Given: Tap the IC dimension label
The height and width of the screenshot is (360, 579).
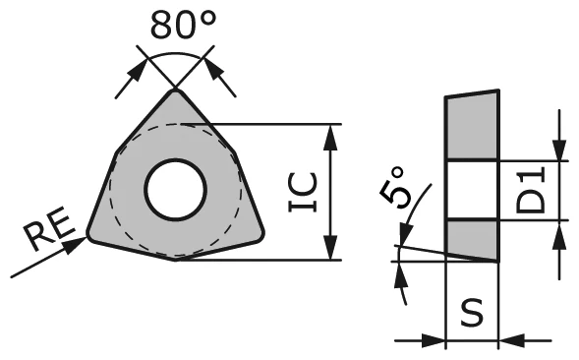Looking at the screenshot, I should tap(304, 193).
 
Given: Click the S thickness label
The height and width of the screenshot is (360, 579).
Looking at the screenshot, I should tap(473, 314).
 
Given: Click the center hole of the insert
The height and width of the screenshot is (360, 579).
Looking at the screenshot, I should tap(175, 189).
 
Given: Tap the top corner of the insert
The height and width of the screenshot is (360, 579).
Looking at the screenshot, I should tap(176, 92).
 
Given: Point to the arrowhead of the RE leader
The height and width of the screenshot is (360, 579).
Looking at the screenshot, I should tap(79, 242).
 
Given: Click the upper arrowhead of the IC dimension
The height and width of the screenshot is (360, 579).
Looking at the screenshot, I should tap(334, 132).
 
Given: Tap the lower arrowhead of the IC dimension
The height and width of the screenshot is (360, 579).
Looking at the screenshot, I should tap(334, 252).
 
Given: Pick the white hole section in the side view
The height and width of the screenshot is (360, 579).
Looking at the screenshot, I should tap(473, 190).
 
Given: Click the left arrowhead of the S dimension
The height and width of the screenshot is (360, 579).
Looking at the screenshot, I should tap(437, 341).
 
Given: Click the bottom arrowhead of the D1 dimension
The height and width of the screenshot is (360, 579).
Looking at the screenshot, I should tap(559, 230).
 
